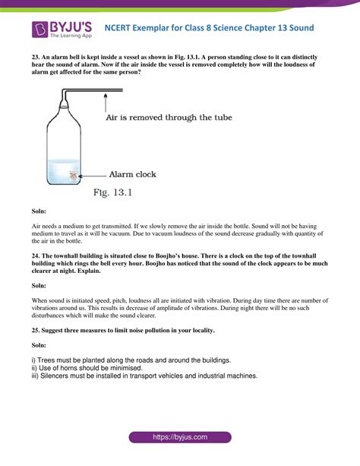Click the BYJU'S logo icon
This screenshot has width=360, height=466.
40,28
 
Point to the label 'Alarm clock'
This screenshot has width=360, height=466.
132,174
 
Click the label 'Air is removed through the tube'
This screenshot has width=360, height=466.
168,118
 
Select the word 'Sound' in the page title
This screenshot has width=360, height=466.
298,28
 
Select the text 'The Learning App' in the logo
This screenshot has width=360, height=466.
71,36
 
